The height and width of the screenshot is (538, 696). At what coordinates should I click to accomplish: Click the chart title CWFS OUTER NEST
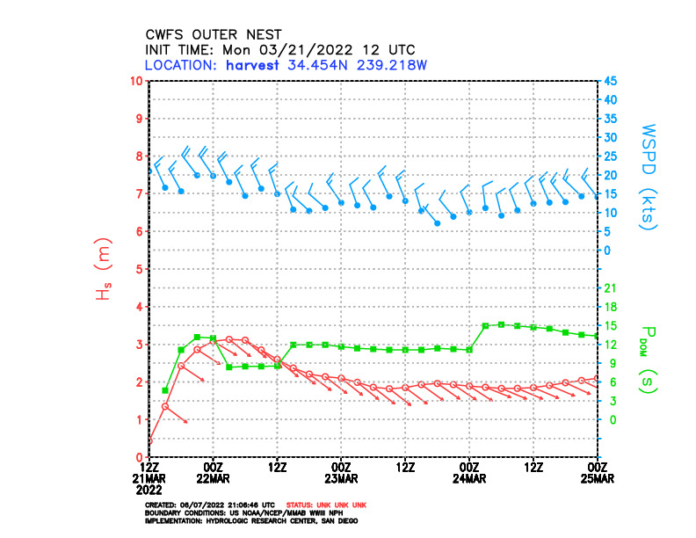click(214, 35)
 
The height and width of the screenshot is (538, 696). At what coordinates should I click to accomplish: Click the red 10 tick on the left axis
click(136, 81)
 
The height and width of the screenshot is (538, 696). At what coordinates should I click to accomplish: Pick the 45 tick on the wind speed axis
click(610, 81)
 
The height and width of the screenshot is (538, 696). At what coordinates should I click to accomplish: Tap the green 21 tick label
click(609, 287)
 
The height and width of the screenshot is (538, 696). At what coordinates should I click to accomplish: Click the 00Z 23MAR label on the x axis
click(341, 472)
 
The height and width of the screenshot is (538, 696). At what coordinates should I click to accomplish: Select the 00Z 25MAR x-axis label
click(597, 472)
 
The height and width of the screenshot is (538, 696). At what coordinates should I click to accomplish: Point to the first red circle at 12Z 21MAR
click(149, 441)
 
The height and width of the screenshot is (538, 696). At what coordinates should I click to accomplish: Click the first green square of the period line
click(165, 390)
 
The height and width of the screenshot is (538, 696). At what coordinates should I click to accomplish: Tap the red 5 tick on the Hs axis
click(139, 269)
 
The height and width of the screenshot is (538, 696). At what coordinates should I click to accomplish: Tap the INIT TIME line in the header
click(279, 50)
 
